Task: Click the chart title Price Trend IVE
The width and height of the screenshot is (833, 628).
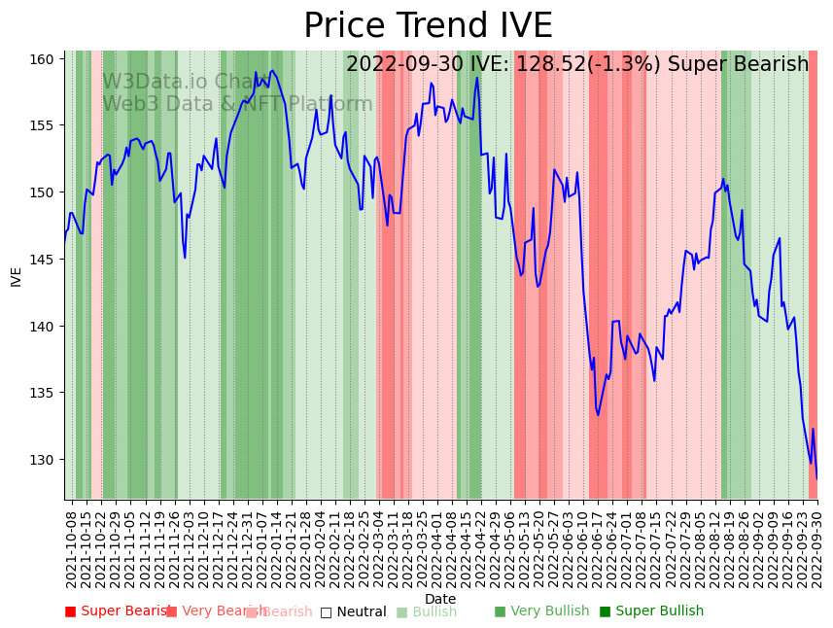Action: pos(428,26)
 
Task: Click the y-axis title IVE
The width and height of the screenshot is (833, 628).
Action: pos(16,276)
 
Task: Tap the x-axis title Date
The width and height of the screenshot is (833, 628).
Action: pos(439,599)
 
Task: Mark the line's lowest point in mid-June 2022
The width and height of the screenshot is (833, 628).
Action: pos(598,415)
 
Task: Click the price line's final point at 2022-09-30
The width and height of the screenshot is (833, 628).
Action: pos(816,478)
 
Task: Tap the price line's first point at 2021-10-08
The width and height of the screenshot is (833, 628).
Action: pos(65,239)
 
